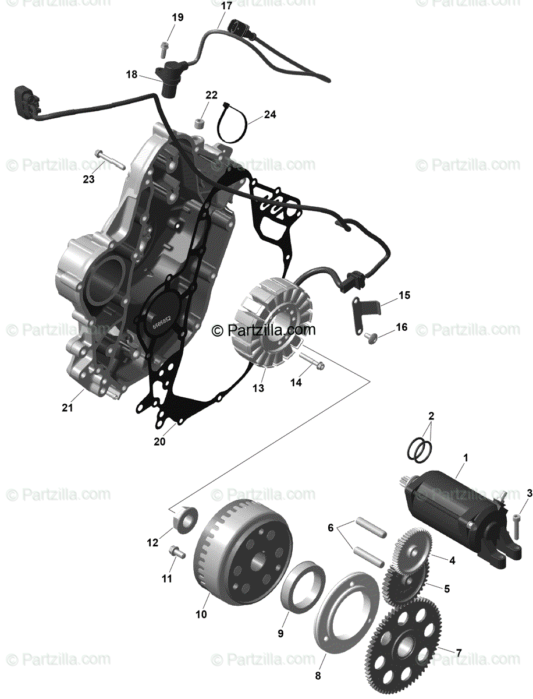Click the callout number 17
click(226, 6)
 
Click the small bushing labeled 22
click(200, 124)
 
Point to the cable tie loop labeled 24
click(230, 124)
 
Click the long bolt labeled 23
click(110, 157)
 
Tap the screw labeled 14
click(315, 365)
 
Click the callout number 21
click(67, 408)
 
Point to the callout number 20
click(159, 442)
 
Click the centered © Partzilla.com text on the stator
click(264, 330)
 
